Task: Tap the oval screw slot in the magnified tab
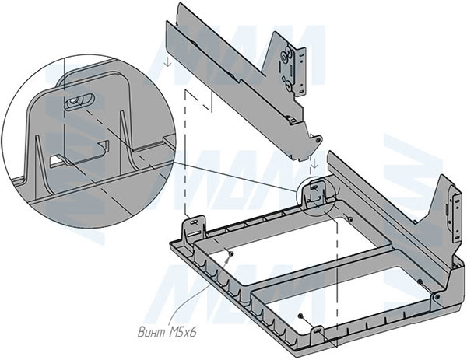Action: click(x=79, y=100)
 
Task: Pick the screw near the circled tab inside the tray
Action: click(x=349, y=220)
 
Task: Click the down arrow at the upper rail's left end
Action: click(x=167, y=60)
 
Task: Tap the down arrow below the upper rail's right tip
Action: click(x=312, y=163)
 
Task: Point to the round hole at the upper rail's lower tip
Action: click(x=318, y=138)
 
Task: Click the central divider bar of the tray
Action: click(x=311, y=260)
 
